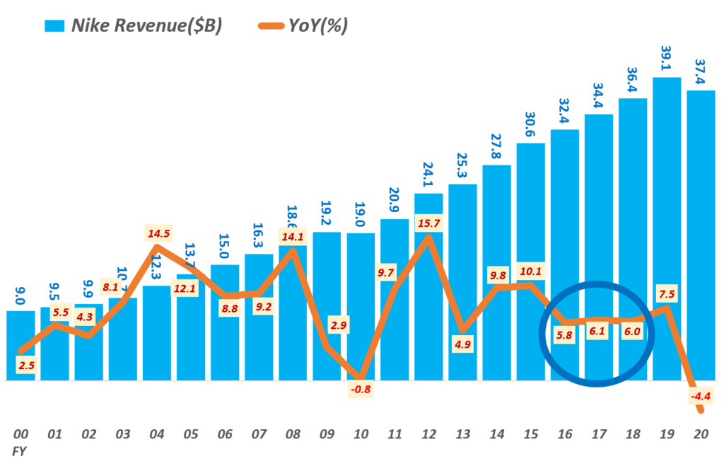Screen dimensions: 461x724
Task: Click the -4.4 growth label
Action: pyautogui.click(x=699, y=397)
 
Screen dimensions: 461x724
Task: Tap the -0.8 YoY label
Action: pyautogui.click(x=360, y=387)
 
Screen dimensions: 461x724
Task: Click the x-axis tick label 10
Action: pyautogui.click(x=361, y=433)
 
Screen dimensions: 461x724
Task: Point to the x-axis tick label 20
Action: pyautogui.click(x=701, y=433)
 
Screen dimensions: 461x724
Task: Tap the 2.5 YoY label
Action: pyautogui.click(x=25, y=365)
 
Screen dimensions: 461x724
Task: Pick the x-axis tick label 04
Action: pyautogui.click(x=157, y=433)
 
